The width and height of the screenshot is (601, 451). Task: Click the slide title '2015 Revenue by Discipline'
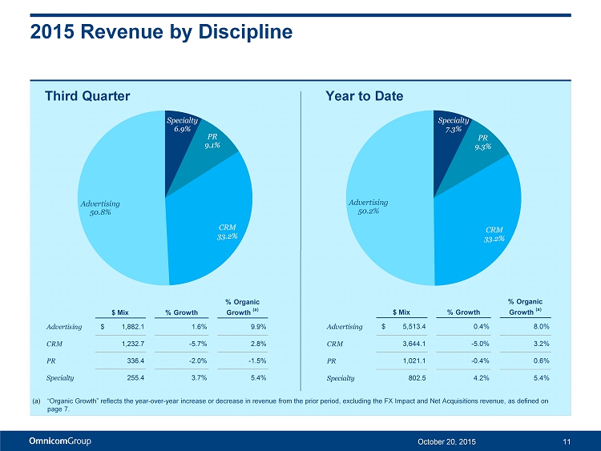(x=161, y=32)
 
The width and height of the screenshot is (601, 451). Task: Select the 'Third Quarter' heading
(x=87, y=96)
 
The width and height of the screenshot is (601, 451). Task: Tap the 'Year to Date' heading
(x=365, y=96)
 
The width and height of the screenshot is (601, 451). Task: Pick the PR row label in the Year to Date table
(x=333, y=360)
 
